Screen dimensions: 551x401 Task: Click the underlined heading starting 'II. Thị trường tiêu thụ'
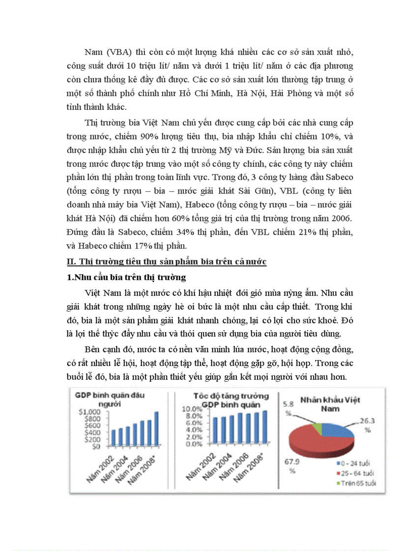(167, 262)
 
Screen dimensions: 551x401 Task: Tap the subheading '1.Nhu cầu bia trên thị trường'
(127, 277)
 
